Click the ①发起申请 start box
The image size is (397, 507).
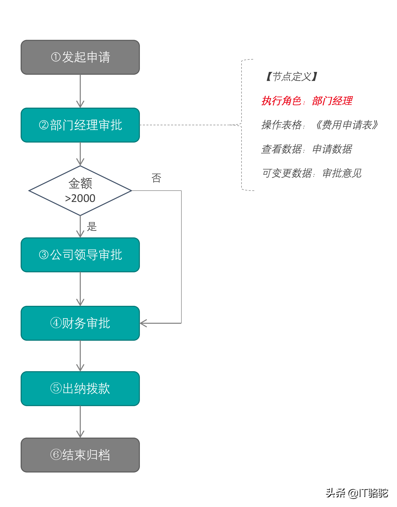point(80,57)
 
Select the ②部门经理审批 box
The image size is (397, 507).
point(80,125)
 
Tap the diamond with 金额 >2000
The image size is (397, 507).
point(80,191)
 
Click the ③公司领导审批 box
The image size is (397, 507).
point(80,255)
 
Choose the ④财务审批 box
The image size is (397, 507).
point(80,323)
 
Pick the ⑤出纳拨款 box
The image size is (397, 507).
point(80,389)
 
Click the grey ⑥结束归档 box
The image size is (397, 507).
point(80,455)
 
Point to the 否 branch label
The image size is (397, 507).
point(156,178)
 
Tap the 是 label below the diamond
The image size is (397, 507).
point(92,227)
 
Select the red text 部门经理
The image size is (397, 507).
point(332,101)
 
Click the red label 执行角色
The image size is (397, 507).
point(281,101)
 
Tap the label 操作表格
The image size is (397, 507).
point(281,125)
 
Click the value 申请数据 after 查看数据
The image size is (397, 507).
point(332,149)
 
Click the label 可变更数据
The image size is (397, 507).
point(287,173)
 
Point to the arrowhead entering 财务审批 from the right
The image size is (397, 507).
point(143,323)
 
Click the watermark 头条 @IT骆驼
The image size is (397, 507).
point(357,493)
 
